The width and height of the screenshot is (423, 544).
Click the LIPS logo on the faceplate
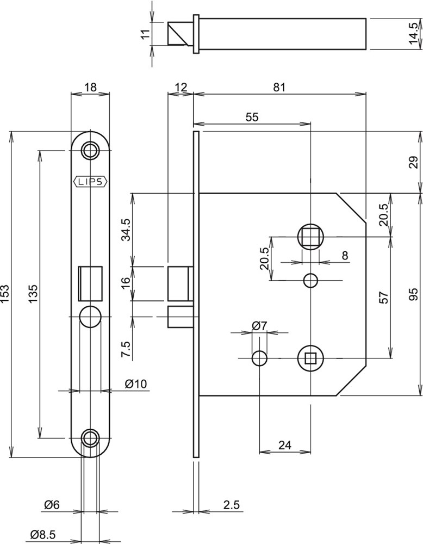(x=91, y=182)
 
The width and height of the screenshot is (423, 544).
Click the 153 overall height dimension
(x=7, y=294)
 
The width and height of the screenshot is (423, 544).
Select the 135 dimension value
(x=32, y=294)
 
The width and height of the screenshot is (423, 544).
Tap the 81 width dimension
(x=279, y=87)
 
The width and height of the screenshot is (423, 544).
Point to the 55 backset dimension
(x=251, y=116)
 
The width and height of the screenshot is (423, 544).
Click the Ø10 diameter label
(x=135, y=384)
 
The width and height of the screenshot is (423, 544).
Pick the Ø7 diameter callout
(x=259, y=326)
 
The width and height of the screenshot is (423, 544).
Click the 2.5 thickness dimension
(x=231, y=505)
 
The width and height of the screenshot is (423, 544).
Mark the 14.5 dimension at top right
(x=415, y=34)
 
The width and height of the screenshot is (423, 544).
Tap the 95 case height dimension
(x=414, y=294)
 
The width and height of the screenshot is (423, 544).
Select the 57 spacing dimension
(x=383, y=297)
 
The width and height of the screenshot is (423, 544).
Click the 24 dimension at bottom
(x=285, y=444)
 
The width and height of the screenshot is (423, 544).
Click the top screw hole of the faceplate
(x=91, y=150)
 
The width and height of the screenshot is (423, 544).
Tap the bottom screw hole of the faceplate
(x=91, y=437)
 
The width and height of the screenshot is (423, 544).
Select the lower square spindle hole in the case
(x=310, y=357)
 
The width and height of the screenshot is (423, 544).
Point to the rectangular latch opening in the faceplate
(x=91, y=282)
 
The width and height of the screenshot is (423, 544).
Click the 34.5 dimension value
(x=126, y=230)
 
